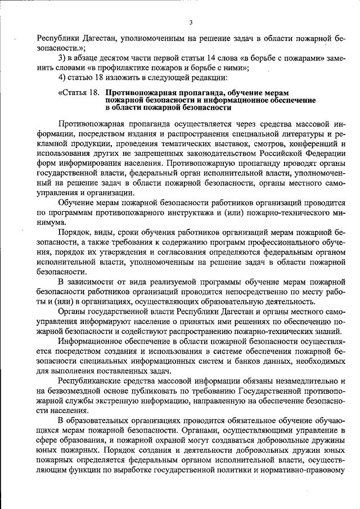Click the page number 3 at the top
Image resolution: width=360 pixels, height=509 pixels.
point(191,22)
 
